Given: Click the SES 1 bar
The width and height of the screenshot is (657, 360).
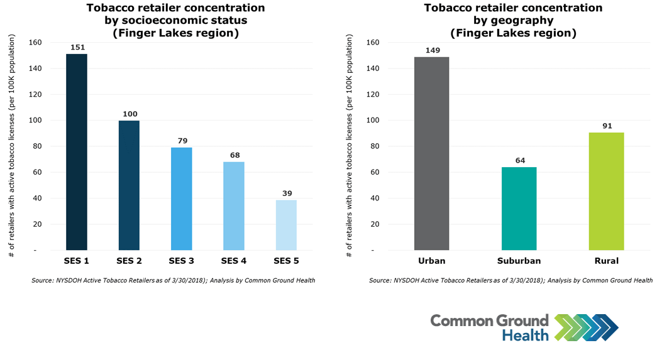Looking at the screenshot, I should pyautogui.click(x=77, y=152).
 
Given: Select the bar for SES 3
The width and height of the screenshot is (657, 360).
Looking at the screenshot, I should pyautogui.click(x=181, y=199).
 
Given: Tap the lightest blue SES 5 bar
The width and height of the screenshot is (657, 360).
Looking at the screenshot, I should pyautogui.click(x=286, y=225).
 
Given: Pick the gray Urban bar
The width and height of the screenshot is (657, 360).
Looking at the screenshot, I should pyautogui.click(x=431, y=153).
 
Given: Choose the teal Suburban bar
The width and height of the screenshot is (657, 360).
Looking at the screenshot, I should pyautogui.click(x=519, y=209).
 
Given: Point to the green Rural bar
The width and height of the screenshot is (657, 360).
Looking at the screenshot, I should pyautogui.click(x=606, y=191).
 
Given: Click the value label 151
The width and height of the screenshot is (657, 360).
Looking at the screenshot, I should pyautogui.click(x=77, y=47).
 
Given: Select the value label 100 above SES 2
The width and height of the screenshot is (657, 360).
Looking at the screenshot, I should pyautogui.click(x=130, y=114).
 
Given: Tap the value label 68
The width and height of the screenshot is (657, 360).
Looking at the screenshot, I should pyautogui.click(x=234, y=155).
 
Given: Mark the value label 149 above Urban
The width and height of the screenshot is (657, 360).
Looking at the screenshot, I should pyautogui.click(x=431, y=50).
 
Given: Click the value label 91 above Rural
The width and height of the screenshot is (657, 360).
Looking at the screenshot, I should pyautogui.click(x=606, y=126).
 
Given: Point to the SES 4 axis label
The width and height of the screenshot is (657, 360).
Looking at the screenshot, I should pyautogui.click(x=234, y=261).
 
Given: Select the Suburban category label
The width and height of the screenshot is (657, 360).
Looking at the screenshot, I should pyautogui.click(x=519, y=261).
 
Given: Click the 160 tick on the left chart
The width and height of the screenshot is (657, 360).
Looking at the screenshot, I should pyautogui.click(x=36, y=43).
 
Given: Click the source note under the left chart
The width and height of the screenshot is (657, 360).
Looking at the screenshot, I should pyautogui.click(x=173, y=280).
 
